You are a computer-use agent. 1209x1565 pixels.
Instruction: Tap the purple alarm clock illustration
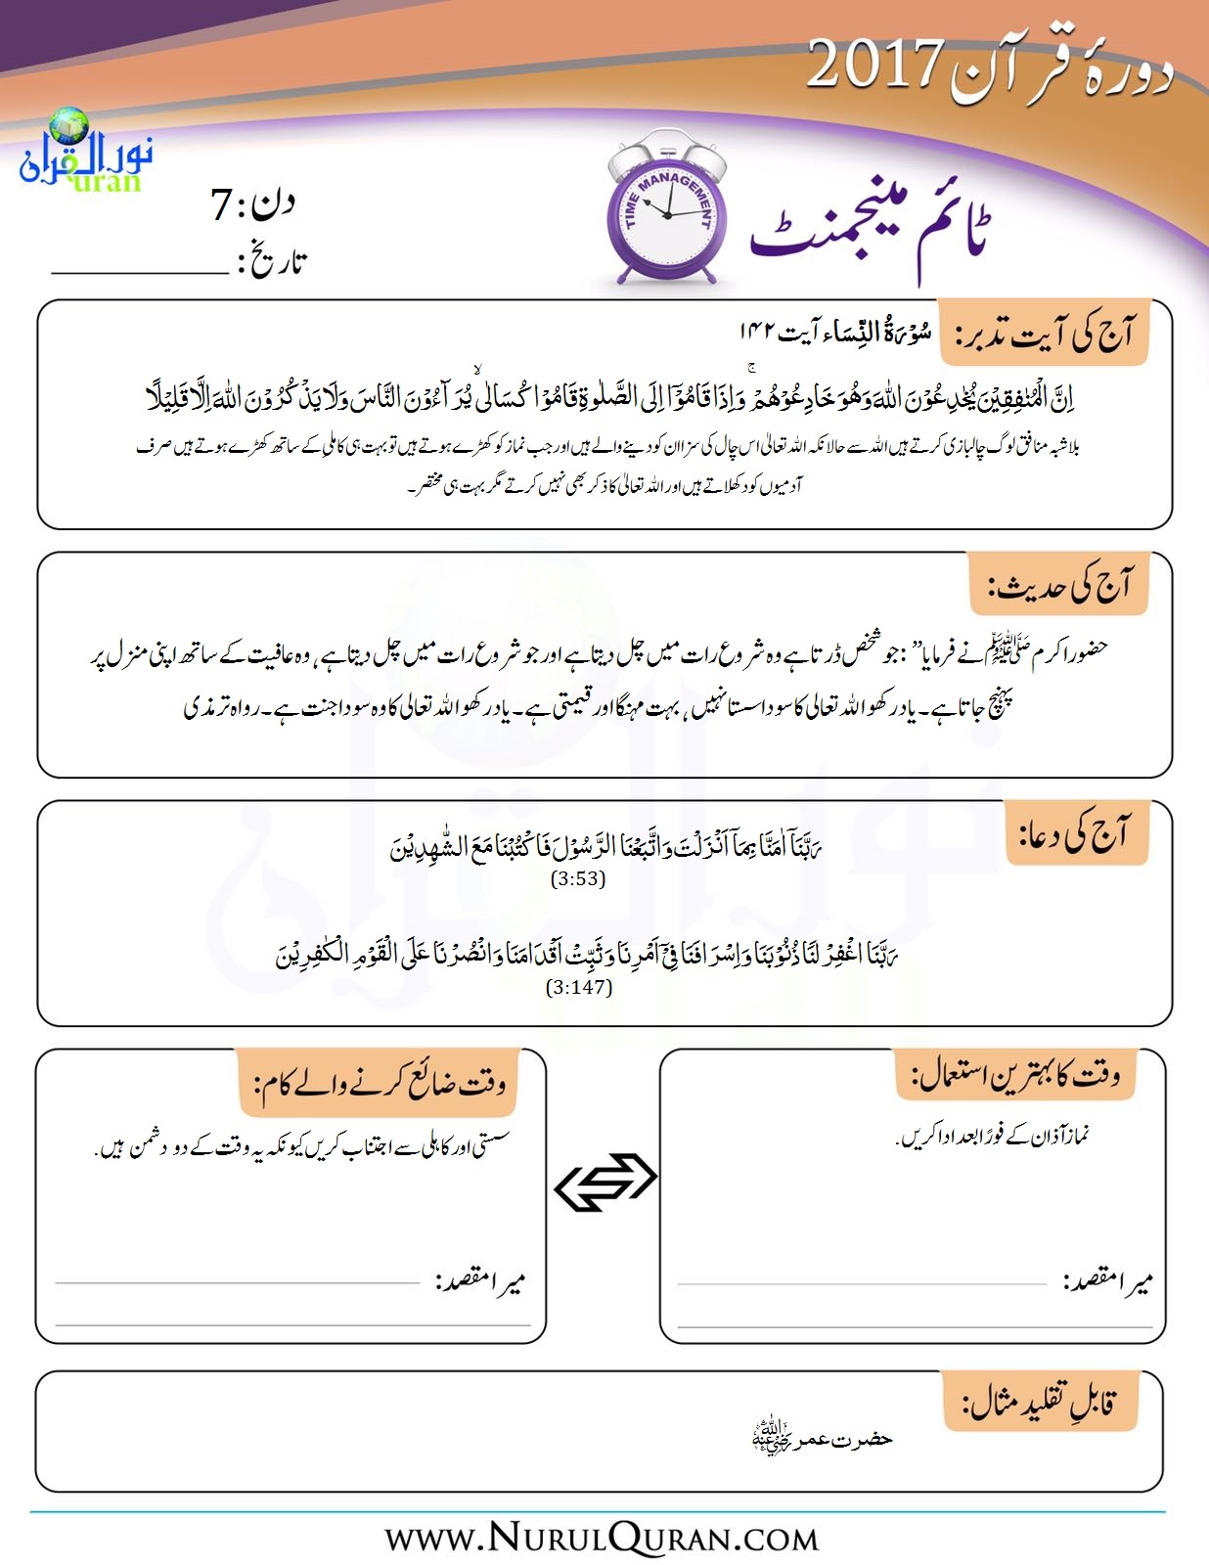click(666, 214)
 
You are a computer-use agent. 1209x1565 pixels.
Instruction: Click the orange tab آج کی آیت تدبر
click(1043, 335)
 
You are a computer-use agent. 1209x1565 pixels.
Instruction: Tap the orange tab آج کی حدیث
click(1059, 584)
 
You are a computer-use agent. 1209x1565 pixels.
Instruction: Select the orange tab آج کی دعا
click(1075, 834)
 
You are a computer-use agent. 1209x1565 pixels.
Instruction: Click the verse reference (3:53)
click(578, 878)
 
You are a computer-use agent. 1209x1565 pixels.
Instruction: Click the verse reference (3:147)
click(579, 987)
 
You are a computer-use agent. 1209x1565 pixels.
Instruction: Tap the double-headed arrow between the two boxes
click(605, 1182)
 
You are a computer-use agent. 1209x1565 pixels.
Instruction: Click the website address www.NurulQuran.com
click(602, 1538)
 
